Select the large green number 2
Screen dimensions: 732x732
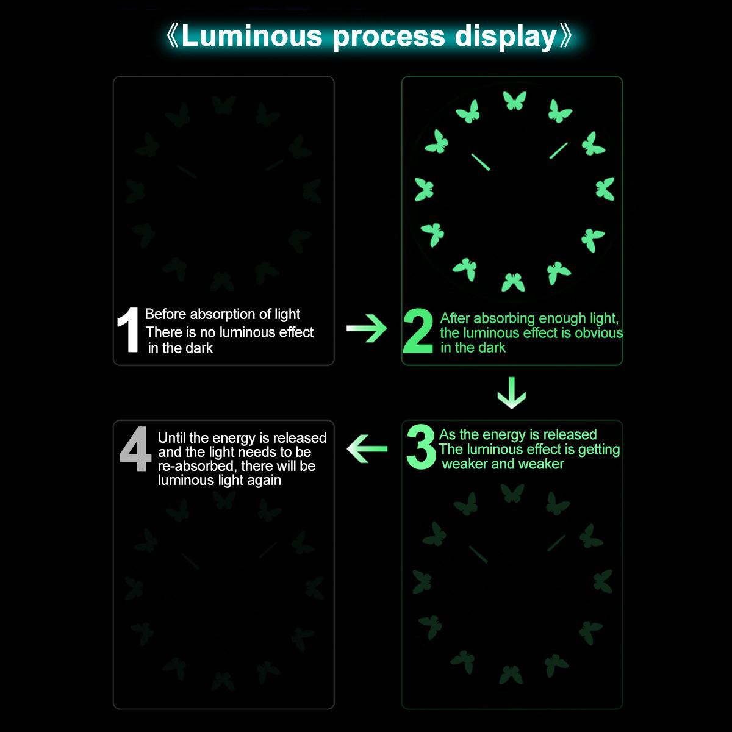click(x=419, y=332)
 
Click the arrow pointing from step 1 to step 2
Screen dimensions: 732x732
click(x=366, y=329)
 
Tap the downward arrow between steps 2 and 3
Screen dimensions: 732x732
click(x=512, y=393)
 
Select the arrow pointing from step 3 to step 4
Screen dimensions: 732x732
click(x=367, y=450)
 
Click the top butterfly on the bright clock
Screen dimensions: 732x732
click(x=514, y=100)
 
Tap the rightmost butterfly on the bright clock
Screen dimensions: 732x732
click(x=605, y=188)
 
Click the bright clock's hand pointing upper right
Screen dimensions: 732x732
click(x=558, y=151)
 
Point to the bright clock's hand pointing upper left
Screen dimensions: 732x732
click(x=480, y=162)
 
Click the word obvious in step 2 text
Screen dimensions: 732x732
click(x=598, y=333)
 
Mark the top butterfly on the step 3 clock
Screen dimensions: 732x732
click(x=512, y=492)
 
